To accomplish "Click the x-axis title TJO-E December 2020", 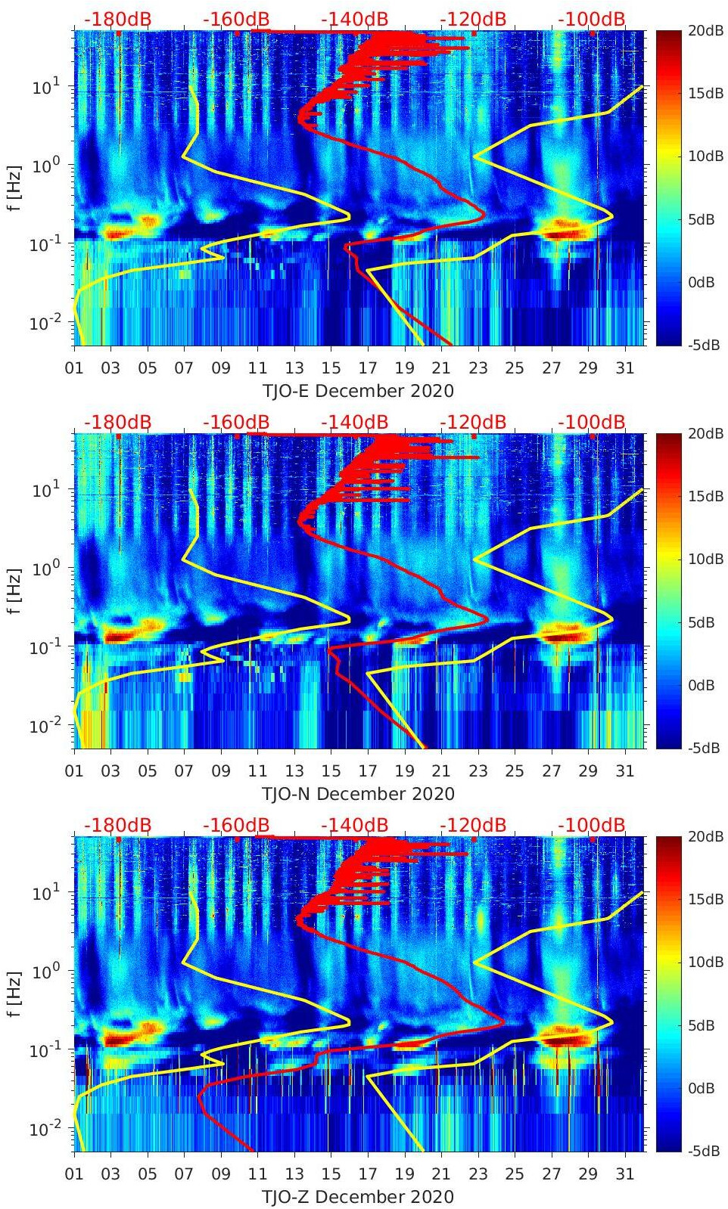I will pos(358,391).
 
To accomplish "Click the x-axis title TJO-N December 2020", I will pos(358,794).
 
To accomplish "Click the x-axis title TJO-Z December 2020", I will pos(358,1197).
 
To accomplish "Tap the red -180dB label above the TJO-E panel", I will pos(117,19).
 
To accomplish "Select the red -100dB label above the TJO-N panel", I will pos(592,422).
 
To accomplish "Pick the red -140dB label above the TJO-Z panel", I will pos(354,825).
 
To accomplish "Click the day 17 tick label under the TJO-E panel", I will pos(368,368).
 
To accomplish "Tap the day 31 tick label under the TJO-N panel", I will pos(624,771).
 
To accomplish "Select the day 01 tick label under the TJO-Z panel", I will pos(74,1174).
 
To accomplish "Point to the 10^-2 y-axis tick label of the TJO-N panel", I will pos(44,726).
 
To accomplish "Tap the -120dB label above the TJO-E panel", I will pos(473,19).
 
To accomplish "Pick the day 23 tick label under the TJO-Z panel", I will pos(478,1174).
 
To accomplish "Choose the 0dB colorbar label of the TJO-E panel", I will pos(705,282).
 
